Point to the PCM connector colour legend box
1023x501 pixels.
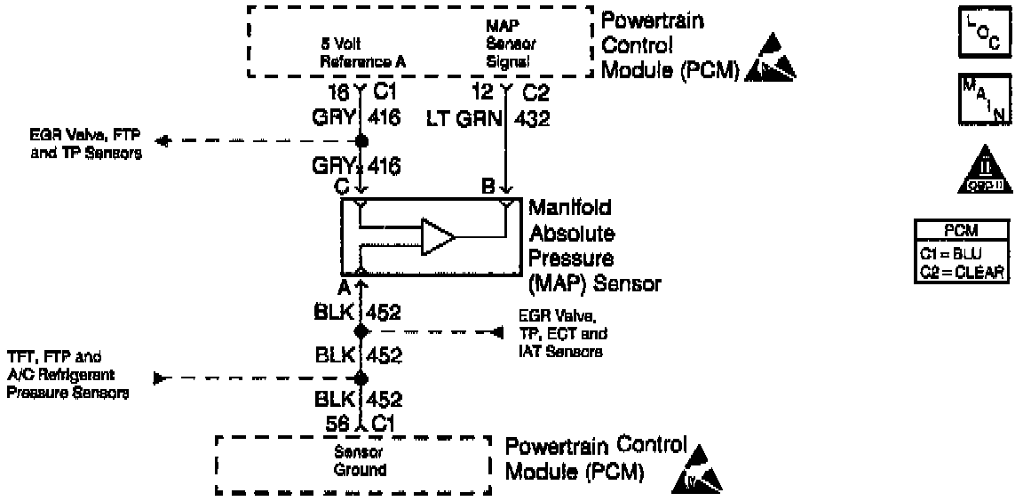[962, 251]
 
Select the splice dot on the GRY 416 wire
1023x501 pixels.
[361, 141]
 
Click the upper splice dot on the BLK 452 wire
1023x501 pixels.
[361, 331]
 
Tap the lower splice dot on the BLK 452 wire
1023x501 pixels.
[361, 378]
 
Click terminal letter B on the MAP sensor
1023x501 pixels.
[488, 187]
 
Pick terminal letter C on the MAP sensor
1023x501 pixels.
[341, 187]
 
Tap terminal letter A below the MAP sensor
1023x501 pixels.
[342, 285]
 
